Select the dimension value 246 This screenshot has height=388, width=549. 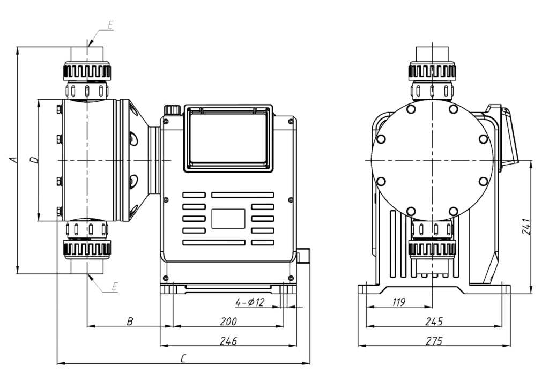(x=229, y=341)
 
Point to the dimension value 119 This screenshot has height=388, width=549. (x=398, y=302)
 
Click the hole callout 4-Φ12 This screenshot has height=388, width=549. (x=250, y=302)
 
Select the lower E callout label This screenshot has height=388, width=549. (x=114, y=287)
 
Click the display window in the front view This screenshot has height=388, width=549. (x=228, y=139)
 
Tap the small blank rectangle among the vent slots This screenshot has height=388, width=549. (x=228, y=218)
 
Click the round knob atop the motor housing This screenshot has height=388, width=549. (x=171, y=109)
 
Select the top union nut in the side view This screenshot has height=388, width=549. (x=432, y=71)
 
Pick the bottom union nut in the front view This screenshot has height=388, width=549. (x=87, y=249)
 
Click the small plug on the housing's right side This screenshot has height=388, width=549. (x=305, y=256)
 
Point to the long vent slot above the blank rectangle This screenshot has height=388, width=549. (x=243, y=195)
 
